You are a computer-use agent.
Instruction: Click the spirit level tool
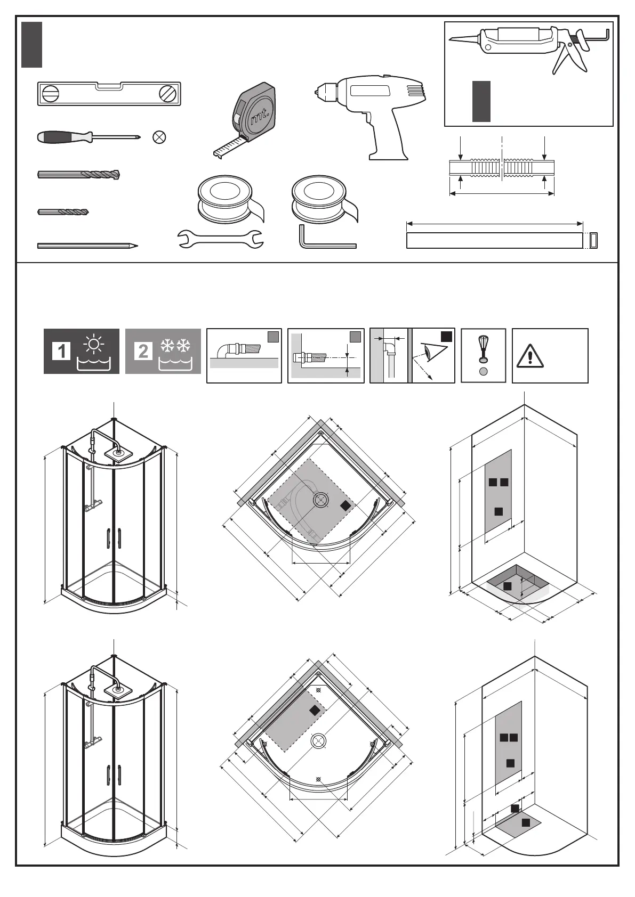(x=109, y=94)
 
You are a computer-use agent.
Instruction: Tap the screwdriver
(x=89, y=137)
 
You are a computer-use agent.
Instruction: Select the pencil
(x=87, y=246)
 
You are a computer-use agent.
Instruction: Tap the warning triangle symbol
(x=530, y=356)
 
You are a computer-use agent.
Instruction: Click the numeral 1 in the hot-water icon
(x=61, y=351)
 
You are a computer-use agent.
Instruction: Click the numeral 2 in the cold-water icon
(x=143, y=351)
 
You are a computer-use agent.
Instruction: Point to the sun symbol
(x=94, y=345)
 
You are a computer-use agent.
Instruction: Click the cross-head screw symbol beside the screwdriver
(x=159, y=137)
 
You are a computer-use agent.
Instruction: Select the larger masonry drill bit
(x=79, y=174)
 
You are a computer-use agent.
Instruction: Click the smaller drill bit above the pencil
(x=63, y=212)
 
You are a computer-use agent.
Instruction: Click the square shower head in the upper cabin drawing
(x=118, y=455)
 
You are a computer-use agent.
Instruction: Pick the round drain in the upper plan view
(x=321, y=500)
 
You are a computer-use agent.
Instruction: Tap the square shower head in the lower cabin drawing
(x=118, y=690)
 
